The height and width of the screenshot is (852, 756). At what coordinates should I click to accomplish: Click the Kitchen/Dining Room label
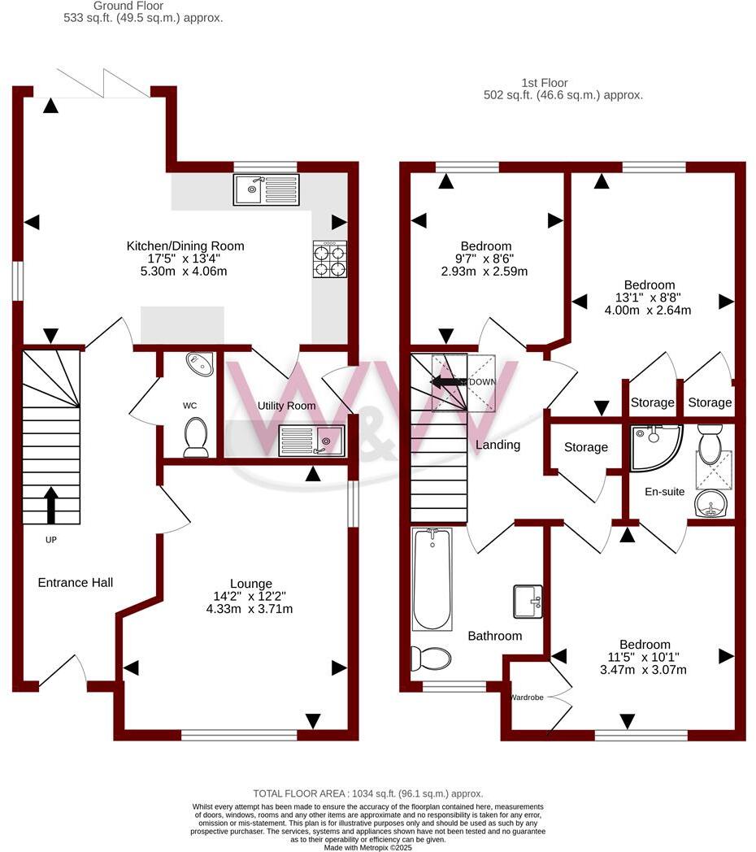(185, 246)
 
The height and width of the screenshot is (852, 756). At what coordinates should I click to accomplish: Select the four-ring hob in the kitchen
(329, 260)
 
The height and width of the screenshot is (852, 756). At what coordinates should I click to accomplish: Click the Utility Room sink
(312, 441)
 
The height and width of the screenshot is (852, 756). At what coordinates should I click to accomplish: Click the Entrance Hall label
(76, 582)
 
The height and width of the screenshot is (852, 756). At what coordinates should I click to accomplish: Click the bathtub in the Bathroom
(431, 579)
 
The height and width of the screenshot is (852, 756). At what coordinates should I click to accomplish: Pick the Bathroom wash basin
(528, 602)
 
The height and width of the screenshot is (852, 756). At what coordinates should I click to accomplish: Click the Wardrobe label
(527, 698)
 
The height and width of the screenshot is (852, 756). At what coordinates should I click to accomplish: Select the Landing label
(497, 445)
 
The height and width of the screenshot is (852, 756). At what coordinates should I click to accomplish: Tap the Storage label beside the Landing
(586, 446)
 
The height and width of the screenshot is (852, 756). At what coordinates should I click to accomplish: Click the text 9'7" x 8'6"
(485, 259)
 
